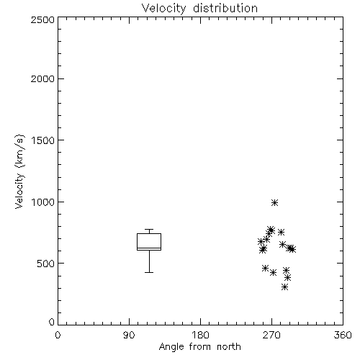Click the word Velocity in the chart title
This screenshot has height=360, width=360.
163,9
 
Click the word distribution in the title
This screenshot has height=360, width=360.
225,8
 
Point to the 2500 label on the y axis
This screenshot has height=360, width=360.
42,19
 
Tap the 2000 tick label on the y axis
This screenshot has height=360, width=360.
42,78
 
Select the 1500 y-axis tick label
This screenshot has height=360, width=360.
43,140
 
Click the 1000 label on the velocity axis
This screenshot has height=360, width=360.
43,202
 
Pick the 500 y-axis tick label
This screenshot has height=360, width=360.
46,264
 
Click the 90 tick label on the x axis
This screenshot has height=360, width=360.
129,335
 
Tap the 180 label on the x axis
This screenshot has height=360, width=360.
200,335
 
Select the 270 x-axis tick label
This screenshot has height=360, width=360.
271,335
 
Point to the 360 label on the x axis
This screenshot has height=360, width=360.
343,335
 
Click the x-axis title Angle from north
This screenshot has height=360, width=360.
199,347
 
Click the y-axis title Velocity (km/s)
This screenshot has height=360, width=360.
19,172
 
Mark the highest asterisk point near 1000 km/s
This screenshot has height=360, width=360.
274,203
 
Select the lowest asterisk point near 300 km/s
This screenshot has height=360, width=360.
284,287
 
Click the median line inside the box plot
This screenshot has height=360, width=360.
149,248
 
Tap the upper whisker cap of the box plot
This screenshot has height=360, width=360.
149,230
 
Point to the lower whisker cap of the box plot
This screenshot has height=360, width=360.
149,272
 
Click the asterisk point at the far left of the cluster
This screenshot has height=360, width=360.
261,241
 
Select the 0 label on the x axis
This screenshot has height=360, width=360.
58,335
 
